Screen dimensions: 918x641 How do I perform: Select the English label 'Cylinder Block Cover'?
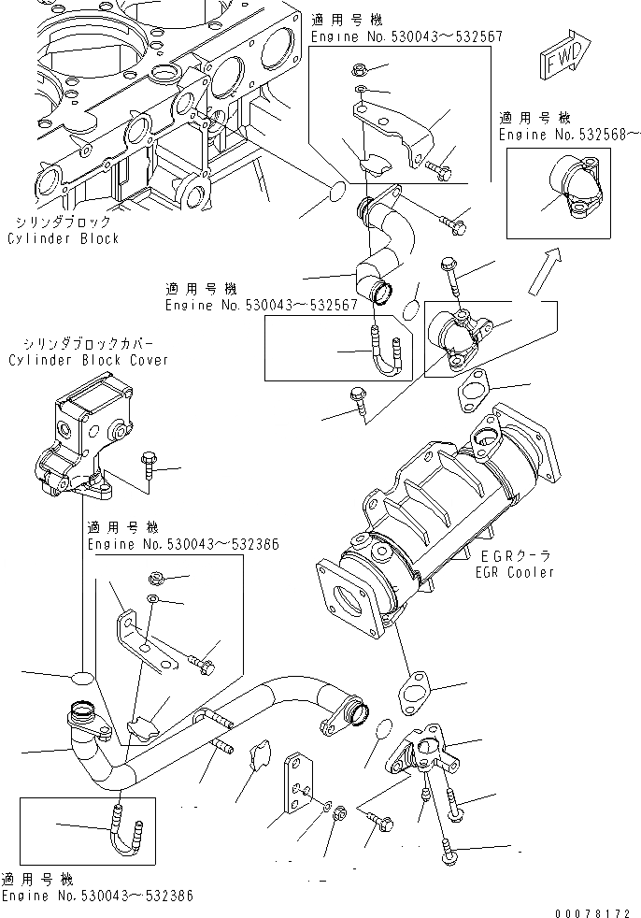(89, 361)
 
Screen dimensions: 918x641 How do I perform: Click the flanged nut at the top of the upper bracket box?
(360, 68)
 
